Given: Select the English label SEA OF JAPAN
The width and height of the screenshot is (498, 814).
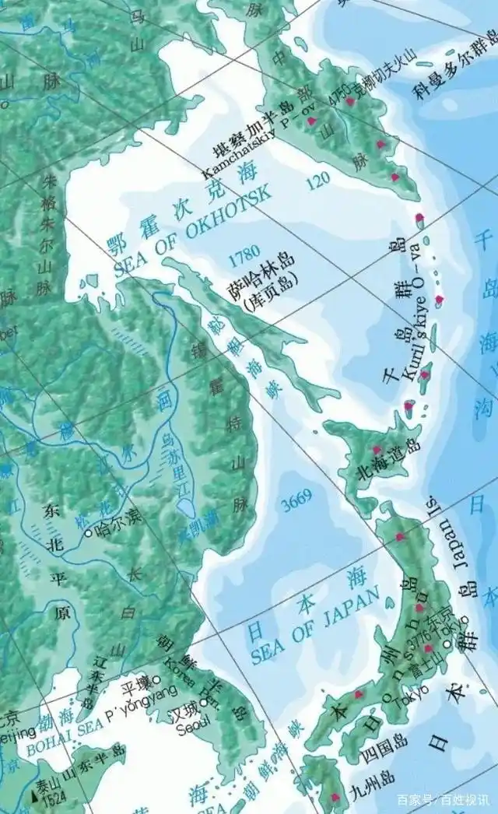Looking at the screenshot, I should (x=314, y=626).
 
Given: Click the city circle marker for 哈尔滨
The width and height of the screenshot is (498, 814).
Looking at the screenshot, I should (x=89, y=532).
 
